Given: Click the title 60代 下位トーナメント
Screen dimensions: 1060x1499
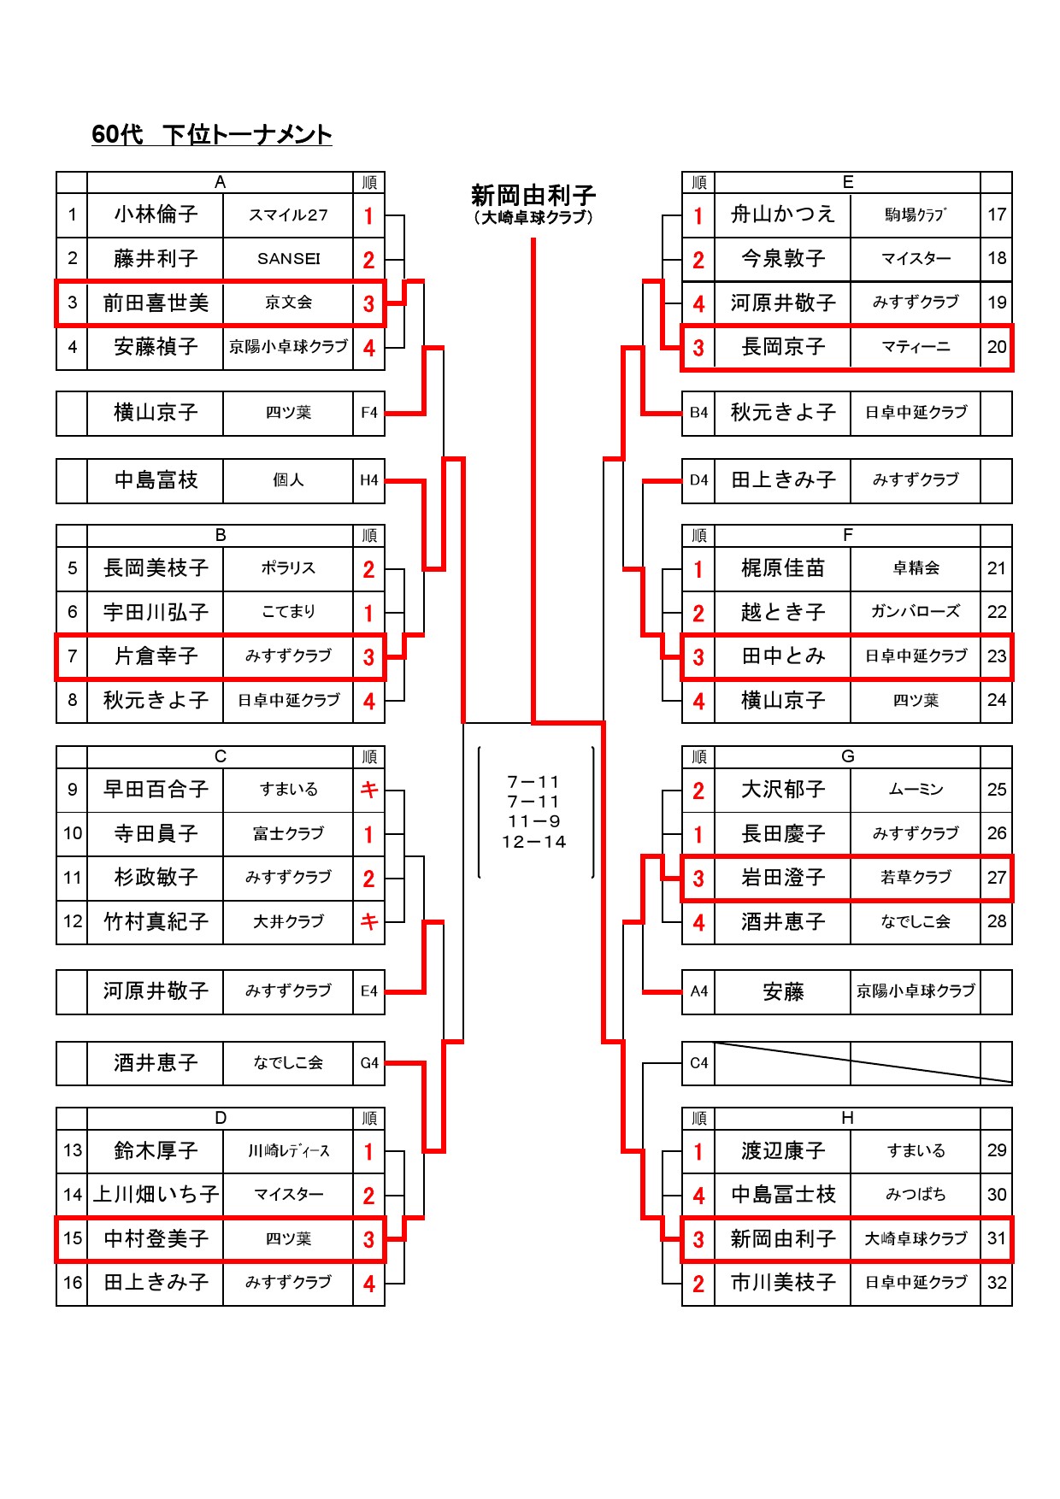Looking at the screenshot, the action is [211, 134].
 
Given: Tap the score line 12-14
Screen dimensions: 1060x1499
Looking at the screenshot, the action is [534, 842].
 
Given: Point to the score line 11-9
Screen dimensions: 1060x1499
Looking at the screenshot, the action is [534, 821].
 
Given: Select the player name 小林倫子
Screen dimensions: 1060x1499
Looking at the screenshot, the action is [156, 214].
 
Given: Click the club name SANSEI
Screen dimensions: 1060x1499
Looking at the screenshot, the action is [289, 258].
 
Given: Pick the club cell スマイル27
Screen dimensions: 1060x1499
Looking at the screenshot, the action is [289, 215].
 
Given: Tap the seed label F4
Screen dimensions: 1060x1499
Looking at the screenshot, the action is [369, 413].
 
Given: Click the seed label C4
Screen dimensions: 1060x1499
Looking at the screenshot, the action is [699, 1063].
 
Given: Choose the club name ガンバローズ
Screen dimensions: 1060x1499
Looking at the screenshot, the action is [916, 611].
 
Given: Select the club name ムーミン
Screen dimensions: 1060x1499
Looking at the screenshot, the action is [916, 789].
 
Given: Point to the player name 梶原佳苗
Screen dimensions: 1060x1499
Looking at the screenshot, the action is [783, 567].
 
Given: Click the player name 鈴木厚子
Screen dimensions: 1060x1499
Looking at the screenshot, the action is [156, 1150].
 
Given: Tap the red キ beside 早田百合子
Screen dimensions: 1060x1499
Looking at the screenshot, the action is [369, 789].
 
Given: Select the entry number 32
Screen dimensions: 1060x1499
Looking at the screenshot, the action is [997, 1282].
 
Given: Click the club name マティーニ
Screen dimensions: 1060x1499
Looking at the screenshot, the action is [916, 347].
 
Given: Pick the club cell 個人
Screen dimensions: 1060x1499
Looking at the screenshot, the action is [289, 479].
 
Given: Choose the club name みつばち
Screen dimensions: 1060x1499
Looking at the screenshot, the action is [916, 1194].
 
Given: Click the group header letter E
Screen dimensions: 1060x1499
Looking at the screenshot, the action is [848, 182].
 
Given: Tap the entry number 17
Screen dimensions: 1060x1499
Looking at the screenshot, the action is [997, 214].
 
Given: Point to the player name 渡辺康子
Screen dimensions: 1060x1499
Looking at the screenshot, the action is [783, 1150].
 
